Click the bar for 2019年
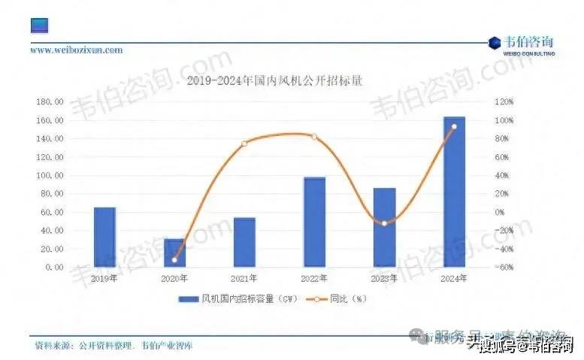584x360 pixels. click(105, 237)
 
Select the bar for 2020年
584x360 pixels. click(174, 253)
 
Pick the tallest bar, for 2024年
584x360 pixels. click(454, 192)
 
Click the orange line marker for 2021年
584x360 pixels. click(244, 143)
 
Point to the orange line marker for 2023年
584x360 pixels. click(385, 223)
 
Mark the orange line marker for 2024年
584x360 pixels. click(454, 126)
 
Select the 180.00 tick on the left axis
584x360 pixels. click(48, 102)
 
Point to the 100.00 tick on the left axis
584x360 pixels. click(48, 176)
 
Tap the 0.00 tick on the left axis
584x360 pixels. click(52, 268)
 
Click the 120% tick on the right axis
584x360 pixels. click(503, 102)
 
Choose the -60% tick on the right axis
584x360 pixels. click(503, 268)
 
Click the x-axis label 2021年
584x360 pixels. click(244, 279)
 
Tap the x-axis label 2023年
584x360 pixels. click(385, 279)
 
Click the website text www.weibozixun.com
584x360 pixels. click(76, 50)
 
